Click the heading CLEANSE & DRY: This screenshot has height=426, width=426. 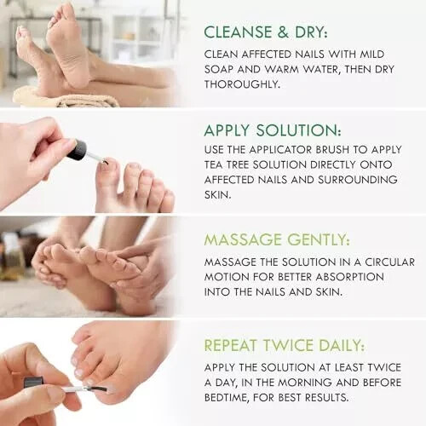[x=263, y=32]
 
